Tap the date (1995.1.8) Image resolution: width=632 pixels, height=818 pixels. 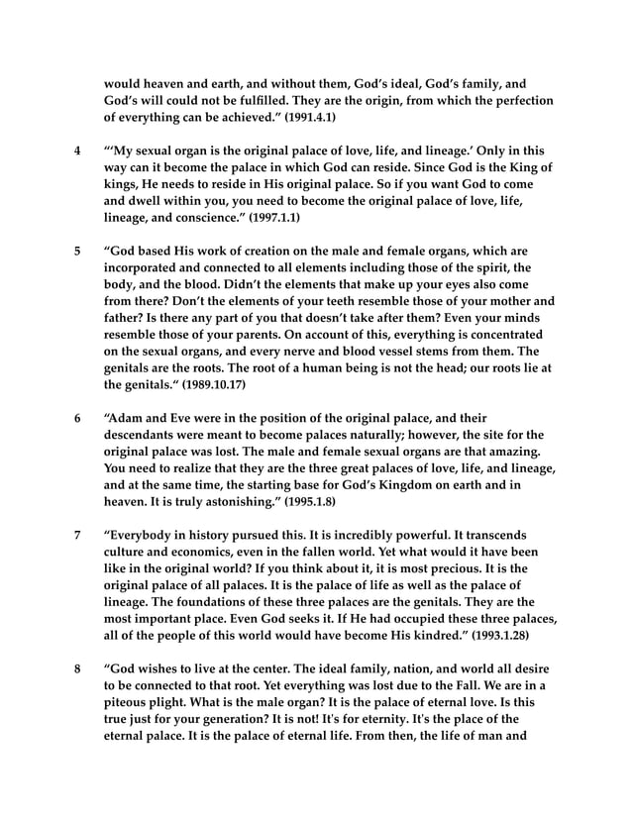pyautogui.click(x=303, y=502)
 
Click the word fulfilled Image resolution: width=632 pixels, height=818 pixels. pyautogui.click(x=300, y=101)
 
